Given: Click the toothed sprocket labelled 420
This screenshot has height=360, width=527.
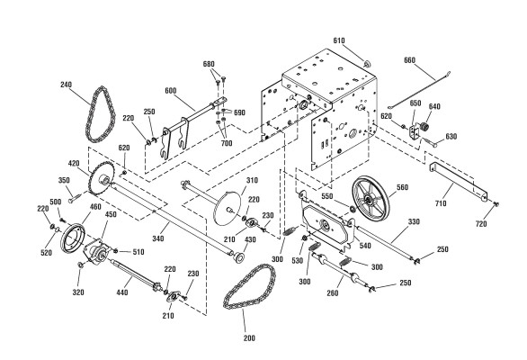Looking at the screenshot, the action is [x=102, y=179].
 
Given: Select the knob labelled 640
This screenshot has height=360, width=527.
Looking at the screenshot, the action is [x=425, y=127].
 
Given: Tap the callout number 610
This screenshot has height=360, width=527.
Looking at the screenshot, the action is [x=339, y=40].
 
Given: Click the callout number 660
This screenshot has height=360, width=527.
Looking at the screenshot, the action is [x=410, y=60].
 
